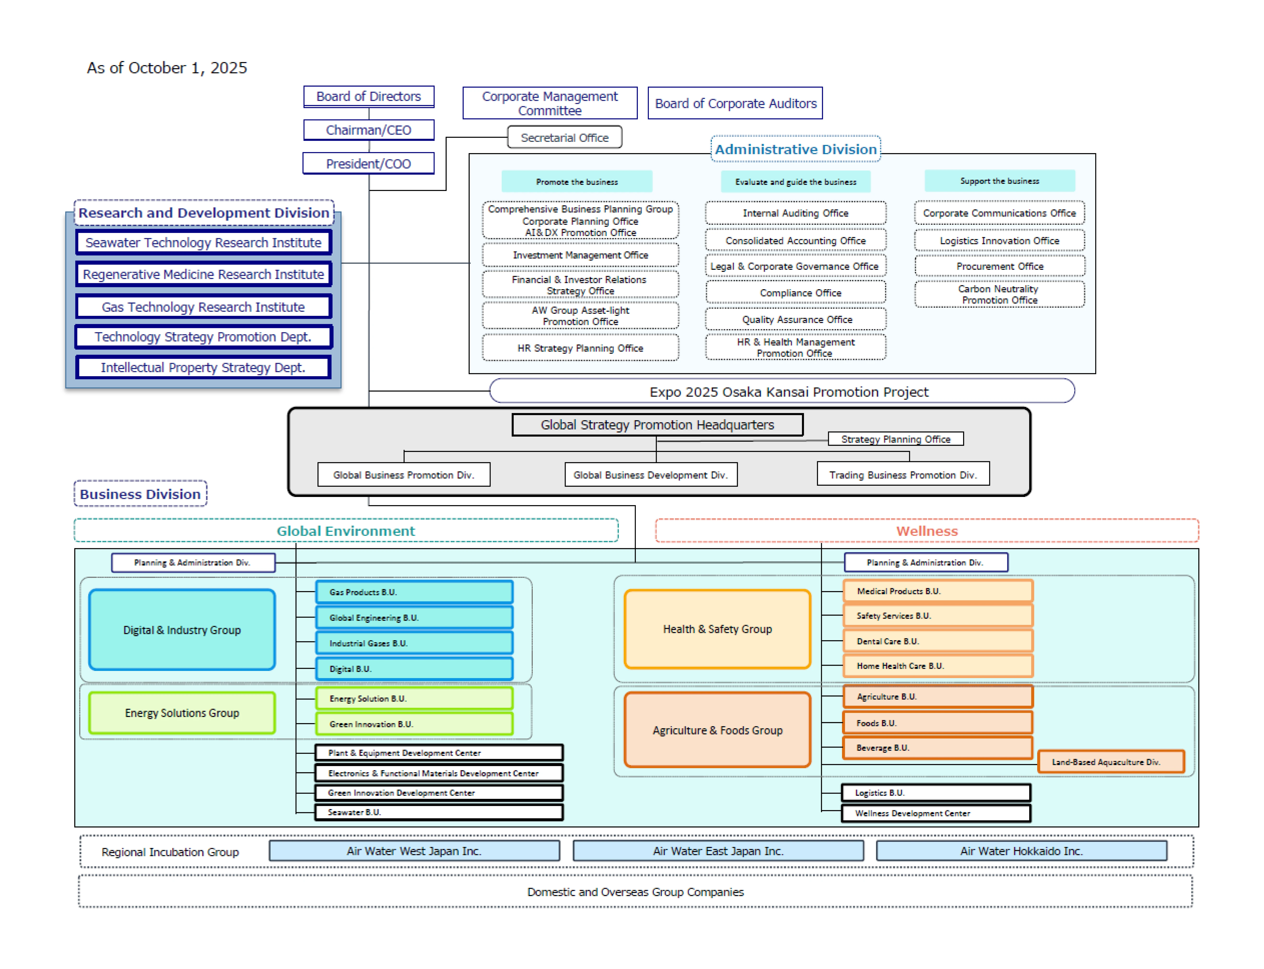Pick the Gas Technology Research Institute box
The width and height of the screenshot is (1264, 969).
(x=203, y=307)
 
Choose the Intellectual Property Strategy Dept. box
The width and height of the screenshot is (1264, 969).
(x=203, y=367)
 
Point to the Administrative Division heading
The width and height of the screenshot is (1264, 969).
(x=795, y=149)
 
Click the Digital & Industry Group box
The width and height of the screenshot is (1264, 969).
(x=182, y=630)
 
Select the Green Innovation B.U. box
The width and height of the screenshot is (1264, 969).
(x=414, y=724)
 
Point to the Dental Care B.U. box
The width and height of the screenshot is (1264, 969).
(x=937, y=641)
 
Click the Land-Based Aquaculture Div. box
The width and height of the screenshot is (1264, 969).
(x=1111, y=762)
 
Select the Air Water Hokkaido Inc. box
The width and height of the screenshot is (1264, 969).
(x=1021, y=851)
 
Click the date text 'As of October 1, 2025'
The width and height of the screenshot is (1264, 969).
(x=167, y=68)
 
